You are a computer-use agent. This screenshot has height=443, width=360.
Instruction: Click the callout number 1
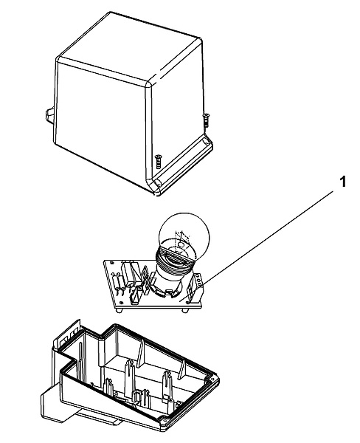tap(342, 182)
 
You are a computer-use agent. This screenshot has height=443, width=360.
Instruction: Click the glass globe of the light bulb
tap(184, 231)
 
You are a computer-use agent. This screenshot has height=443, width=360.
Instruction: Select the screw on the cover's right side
tap(206, 120)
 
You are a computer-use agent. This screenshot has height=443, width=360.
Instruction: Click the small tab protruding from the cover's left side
tap(49, 115)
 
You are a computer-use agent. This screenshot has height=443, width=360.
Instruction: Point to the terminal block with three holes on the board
tap(197, 286)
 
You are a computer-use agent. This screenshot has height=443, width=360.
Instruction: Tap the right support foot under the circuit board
tap(185, 310)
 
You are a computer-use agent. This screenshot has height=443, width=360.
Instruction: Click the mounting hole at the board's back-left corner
tap(113, 263)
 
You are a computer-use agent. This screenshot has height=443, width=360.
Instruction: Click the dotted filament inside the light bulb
tap(181, 241)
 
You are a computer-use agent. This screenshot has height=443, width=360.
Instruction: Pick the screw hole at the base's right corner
tap(214, 380)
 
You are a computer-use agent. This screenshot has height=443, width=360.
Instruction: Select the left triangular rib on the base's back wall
tap(142, 351)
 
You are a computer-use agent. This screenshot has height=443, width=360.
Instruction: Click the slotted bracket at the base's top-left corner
tap(67, 334)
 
